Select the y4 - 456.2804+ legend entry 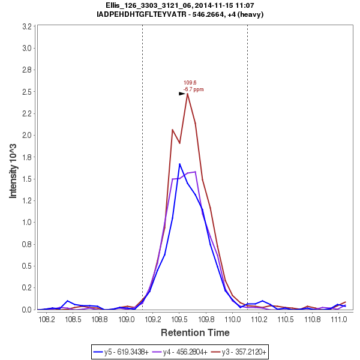coord(187,350)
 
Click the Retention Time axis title coord(194,332)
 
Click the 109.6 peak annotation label coord(190,83)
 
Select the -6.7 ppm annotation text coord(193,89)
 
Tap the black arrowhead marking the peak coord(182,94)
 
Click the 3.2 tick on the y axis coord(27,26)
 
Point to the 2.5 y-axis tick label coord(27,92)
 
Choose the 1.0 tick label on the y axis coord(27,223)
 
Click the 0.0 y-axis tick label coord(27,310)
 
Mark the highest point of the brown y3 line coord(187,93)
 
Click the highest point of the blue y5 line coord(179,164)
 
